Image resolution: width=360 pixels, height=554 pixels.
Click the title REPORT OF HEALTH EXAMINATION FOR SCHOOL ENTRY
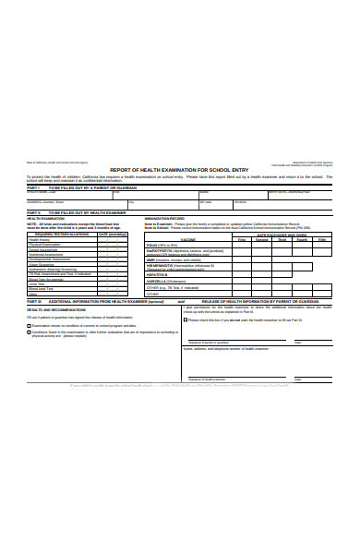pyautogui.click(x=179, y=171)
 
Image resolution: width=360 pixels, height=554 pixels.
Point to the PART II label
pyautogui.click(x=32, y=211)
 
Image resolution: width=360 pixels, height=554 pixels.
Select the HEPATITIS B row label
pyautogui.click(x=156, y=274)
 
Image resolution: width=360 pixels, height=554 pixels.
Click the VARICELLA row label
pyautogui.click(x=157, y=281)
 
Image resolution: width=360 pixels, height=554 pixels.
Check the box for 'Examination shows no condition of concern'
pyautogui.click(x=30, y=326)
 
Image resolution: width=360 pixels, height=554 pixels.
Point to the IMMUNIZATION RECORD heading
pyautogui.click(x=164, y=218)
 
